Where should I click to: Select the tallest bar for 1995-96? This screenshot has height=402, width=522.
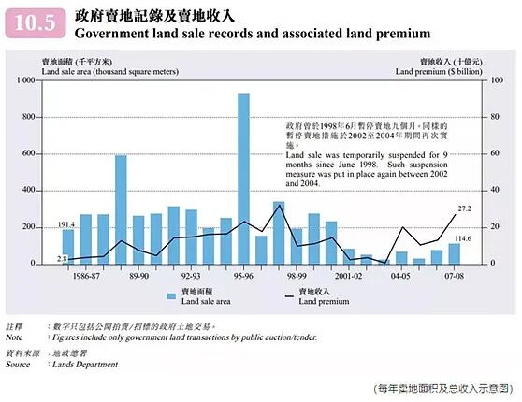[x=243, y=178]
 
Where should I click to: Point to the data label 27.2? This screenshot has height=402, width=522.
[x=464, y=208]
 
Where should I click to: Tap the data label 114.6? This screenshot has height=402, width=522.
[x=462, y=238]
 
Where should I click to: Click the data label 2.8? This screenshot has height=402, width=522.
[x=62, y=257]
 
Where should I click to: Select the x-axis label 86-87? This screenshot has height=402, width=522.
[x=88, y=277]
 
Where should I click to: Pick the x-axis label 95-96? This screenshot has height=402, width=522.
[x=243, y=277]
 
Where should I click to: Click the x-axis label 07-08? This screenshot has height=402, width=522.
[x=454, y=277]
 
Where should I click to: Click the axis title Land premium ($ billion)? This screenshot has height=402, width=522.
[x=440, y=70]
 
